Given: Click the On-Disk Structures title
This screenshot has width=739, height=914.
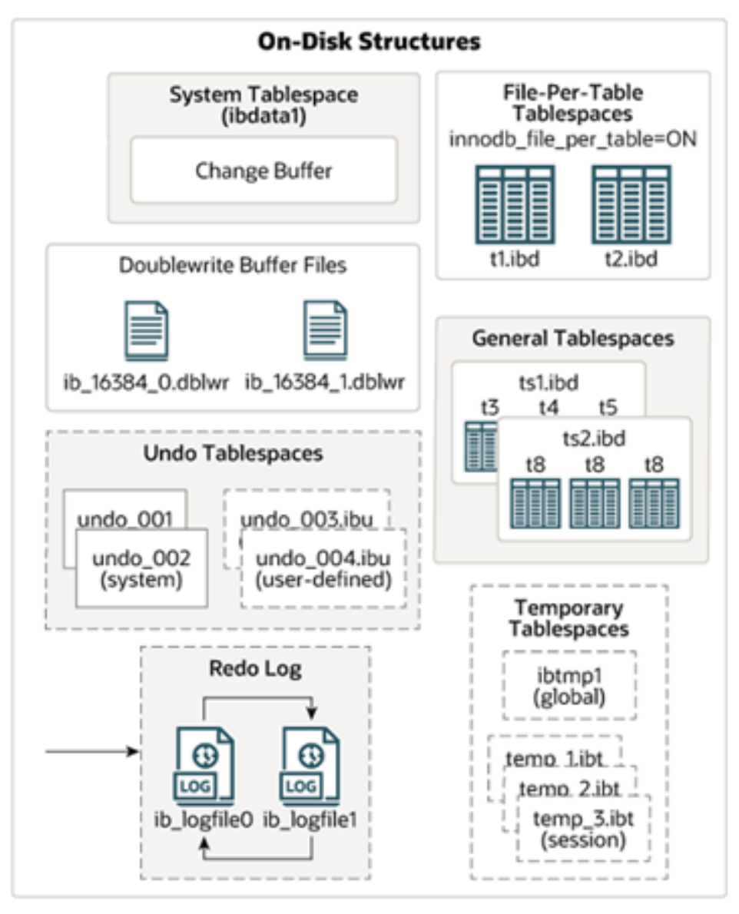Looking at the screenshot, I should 369,41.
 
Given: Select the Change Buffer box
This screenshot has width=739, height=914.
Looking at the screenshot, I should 263,170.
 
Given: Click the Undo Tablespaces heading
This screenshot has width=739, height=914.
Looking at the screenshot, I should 233,453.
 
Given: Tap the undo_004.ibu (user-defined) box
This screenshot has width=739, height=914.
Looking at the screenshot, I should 323,568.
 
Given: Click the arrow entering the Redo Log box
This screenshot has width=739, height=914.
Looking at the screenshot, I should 92,750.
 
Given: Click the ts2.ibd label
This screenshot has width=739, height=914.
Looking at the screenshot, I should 594,439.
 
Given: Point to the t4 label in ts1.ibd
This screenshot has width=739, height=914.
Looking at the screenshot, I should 548,408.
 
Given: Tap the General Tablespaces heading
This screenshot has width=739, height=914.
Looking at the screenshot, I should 572,338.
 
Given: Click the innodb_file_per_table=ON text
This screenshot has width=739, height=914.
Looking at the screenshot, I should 572,141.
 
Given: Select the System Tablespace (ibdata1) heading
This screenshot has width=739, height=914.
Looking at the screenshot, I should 263,105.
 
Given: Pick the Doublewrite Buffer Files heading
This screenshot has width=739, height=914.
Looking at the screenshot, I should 233,266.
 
